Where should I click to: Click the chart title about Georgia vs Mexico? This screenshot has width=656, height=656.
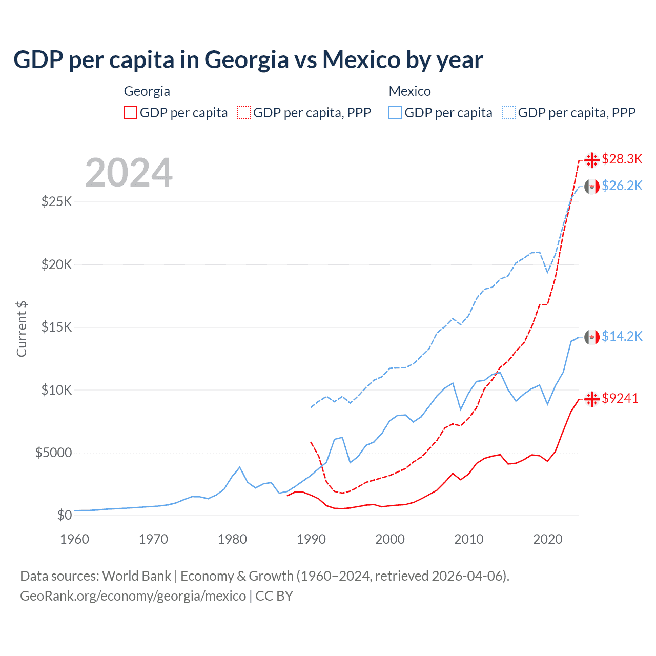tap(248, 59)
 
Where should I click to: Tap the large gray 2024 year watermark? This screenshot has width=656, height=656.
tap(129, 173)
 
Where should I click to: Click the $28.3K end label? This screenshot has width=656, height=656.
tap(622, 159)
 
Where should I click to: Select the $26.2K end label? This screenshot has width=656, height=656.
tap(622, 186)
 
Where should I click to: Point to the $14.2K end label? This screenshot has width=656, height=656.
tap(622, 336)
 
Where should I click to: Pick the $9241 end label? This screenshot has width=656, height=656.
tap(620, 398)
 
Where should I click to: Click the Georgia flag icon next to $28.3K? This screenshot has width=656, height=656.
tap(592, 160)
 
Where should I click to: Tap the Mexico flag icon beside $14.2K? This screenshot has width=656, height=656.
tap(592, 337)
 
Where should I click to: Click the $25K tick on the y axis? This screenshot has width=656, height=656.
tap(56, 201)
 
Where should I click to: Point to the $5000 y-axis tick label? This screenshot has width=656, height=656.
tap(53, 453)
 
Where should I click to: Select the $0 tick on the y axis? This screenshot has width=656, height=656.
tap(64, 515)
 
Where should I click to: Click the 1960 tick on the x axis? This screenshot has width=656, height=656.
tap(75, 539)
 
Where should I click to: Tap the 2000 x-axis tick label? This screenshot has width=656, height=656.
tap(390, 539)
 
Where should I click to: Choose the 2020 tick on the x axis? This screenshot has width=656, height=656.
tap(548, 539)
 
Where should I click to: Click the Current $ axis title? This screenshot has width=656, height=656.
tap(22, 329)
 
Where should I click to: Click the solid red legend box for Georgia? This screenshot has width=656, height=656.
tap(131, 113)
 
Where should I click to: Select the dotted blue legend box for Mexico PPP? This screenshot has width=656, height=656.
tap(509, 113)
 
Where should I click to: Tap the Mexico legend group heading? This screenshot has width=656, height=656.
tap(409, 91)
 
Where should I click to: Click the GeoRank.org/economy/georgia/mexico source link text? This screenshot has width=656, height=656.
tap(133, 596)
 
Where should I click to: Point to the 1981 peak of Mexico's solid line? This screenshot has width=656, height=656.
tap(239, 467)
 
